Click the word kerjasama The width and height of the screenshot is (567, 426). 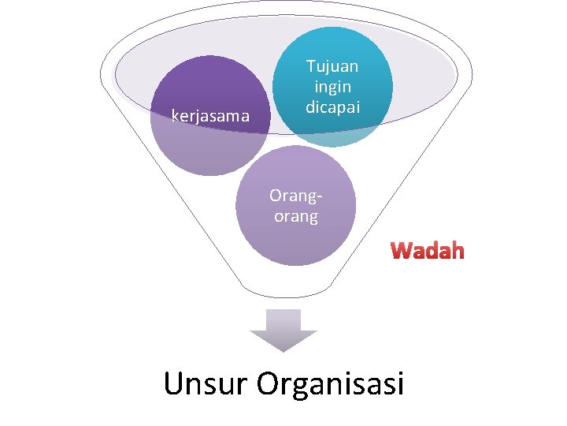[210, 117]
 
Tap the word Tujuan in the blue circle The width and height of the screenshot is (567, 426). [332, 67]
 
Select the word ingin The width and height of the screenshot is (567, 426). [332, 87]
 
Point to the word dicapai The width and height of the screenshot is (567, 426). [332, 106]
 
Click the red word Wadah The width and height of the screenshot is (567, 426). [428, 252]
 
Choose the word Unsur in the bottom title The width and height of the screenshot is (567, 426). [206, 383]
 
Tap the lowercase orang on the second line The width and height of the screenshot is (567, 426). [296, 216]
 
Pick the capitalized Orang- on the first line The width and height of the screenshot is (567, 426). [296, 195]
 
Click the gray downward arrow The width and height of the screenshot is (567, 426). [283, 330]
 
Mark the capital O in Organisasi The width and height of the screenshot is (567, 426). [269, 383]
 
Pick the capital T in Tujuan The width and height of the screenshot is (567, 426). [311, 67]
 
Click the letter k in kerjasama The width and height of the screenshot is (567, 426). [175, 117]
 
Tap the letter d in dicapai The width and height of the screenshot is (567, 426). [310, 106]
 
